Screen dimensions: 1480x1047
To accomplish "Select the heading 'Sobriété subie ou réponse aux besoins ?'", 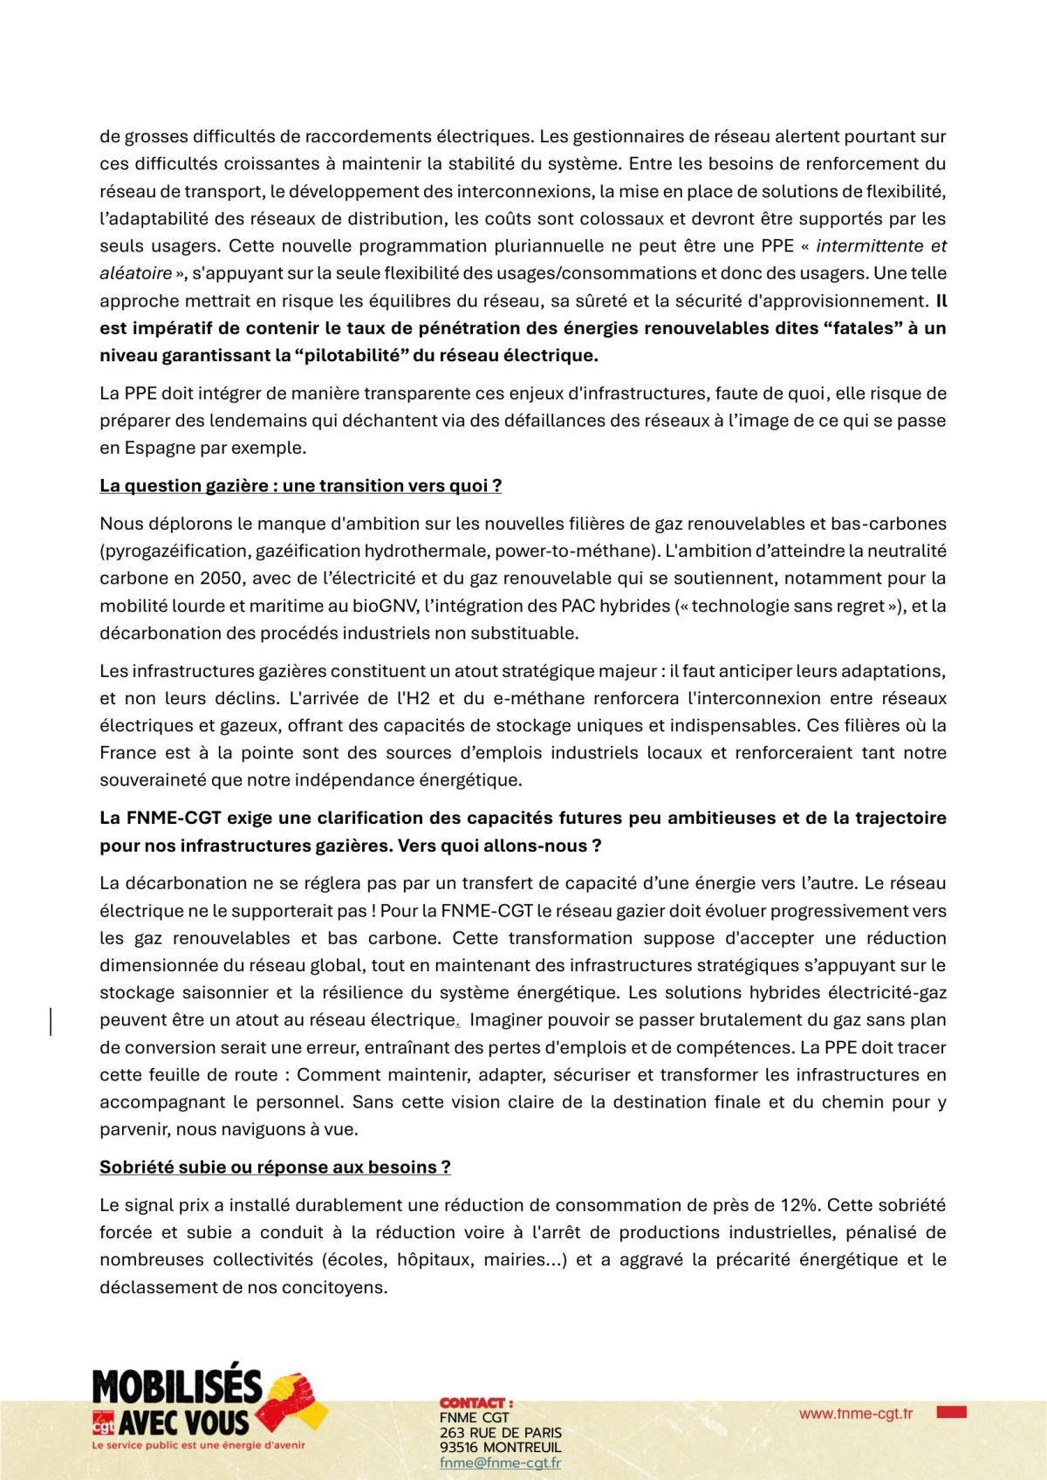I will tap(275, 1168).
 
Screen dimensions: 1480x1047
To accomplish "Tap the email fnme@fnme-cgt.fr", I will tap(500, 1463).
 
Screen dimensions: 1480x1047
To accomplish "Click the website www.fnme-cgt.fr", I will tap(855, 1414).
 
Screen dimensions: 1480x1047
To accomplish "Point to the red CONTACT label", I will tap(476, 1402).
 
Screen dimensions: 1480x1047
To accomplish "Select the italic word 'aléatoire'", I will tap(135, 274).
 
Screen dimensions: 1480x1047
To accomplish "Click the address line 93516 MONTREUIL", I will tap(500, 1448).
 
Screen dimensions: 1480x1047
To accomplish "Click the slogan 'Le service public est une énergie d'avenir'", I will tap(198, 1445).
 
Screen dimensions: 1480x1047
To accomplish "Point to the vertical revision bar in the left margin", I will tap(51, 1020).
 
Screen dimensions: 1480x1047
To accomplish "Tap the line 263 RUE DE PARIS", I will tap(500, 1433).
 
